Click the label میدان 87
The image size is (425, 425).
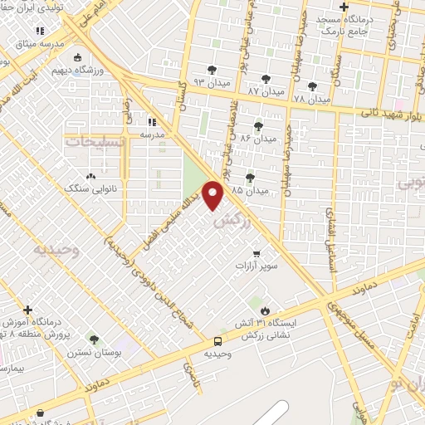(x=266, y=89)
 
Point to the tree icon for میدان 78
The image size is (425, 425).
(x=312, y=86)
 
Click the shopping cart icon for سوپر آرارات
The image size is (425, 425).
(x=256, y=253)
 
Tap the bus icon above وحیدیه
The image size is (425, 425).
(x=217, y=341)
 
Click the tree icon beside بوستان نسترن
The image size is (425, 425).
(x=93, y=340)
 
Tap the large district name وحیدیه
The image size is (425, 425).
(x=56, y=248)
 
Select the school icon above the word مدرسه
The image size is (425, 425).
(x=151, y=120)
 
